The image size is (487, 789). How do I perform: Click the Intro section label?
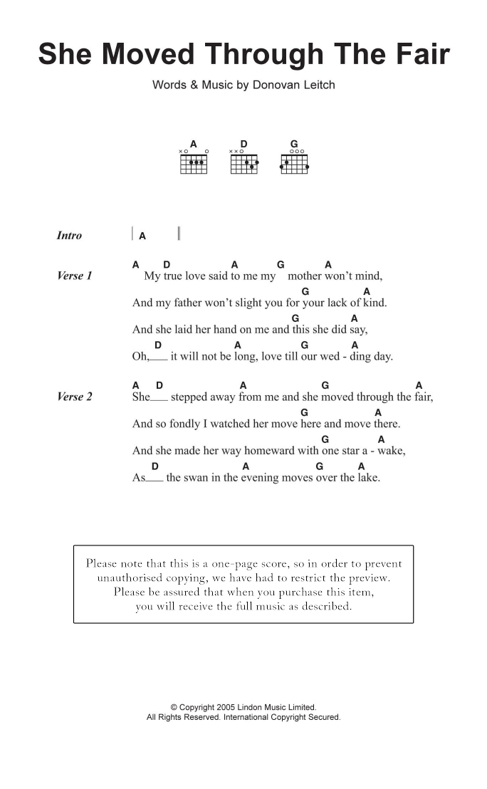69,236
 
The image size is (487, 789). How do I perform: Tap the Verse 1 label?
74,276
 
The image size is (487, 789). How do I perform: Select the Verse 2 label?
74,397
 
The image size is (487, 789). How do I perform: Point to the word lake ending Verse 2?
368,478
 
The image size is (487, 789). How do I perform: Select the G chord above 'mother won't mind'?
281,265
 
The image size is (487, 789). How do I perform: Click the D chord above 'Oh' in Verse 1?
157,346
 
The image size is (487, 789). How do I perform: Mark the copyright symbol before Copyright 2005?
174,708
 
